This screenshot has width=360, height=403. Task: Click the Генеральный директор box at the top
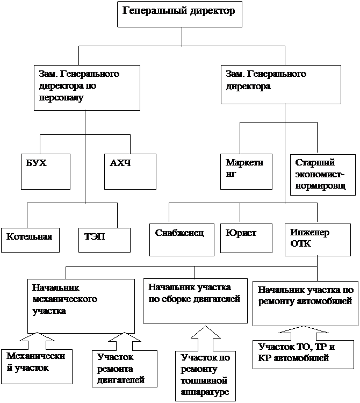179,14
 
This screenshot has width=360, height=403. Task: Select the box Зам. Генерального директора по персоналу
87,88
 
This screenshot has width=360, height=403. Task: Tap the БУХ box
46,171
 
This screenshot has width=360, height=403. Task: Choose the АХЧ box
130,171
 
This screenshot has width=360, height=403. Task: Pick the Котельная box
30,240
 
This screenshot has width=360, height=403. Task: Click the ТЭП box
104,240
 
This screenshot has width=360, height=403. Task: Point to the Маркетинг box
246,171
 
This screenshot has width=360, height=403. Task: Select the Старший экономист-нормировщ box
323,175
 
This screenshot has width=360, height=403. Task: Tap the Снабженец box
182,240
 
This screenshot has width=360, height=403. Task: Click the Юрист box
246,238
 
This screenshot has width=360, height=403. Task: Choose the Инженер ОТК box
318,240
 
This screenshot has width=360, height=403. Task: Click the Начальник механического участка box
81,306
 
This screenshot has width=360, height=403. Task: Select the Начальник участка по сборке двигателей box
195,301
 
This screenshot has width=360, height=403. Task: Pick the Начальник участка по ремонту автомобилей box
305,304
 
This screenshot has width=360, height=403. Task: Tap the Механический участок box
37,366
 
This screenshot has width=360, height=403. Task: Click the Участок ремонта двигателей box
125,369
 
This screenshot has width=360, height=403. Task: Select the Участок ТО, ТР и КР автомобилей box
303,355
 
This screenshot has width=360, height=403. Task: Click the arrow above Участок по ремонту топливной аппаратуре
206,338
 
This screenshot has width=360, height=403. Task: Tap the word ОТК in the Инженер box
301,243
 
